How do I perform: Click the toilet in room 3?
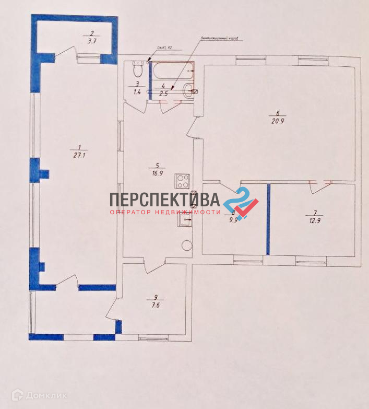[138, 68]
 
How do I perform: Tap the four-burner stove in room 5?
[183, 181]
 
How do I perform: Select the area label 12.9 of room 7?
[314, 220]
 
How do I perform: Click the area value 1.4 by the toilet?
[137, 91]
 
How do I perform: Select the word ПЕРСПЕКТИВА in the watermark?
[164, 200]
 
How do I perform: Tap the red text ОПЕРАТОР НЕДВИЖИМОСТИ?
[165, 212]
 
